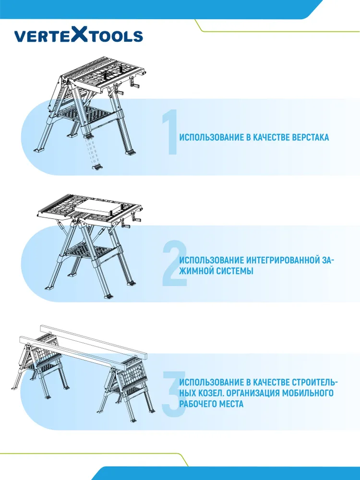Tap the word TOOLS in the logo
point(116,36)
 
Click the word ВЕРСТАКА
point(311,137)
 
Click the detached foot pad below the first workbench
point(97,167)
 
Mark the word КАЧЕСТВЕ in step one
point(272,137)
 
